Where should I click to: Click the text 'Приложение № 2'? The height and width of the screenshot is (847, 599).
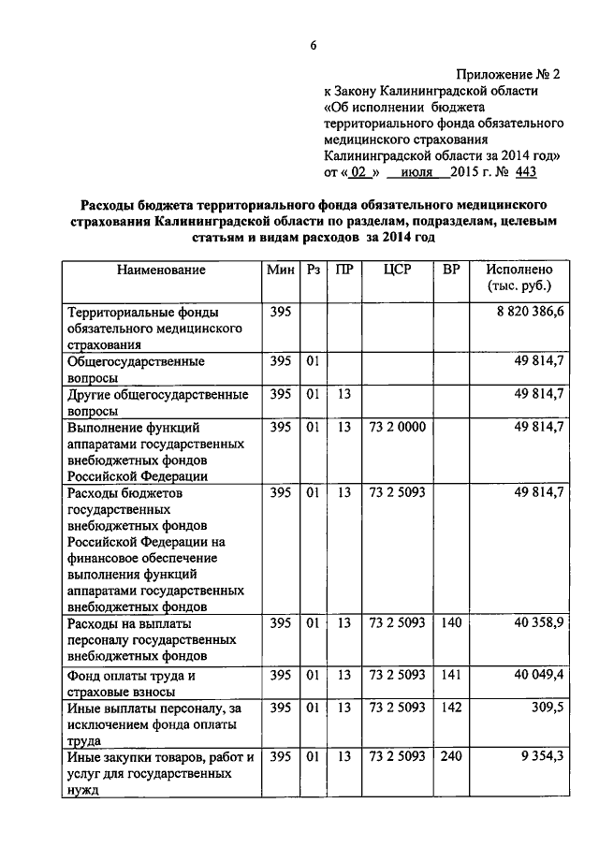pyautogui.click(x=509, y=73)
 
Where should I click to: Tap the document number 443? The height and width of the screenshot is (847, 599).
pyautogui.click(x=525, y=172)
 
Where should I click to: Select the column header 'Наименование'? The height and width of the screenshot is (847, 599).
pyautogui.click(x=161, y=270)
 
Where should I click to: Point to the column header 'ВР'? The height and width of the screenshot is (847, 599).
pyautogui.click(x=451, y=270)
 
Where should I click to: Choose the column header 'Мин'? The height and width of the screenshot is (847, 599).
pyautogui.click(x=280, y=270)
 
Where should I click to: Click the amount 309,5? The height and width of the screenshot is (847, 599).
pyautogui.click(x=545, y=708)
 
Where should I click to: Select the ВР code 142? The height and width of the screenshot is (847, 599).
pyautogui.click(x=451, y=708)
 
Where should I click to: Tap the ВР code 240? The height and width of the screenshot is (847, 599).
pyautogui.click(x=451, y=758)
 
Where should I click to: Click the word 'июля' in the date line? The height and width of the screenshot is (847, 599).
pyautogui.click(x=416, y=172)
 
